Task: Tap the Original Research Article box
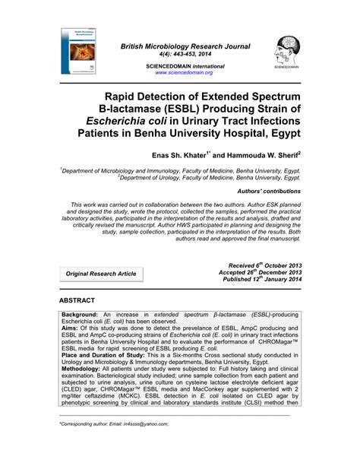click(x=100, y=294)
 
